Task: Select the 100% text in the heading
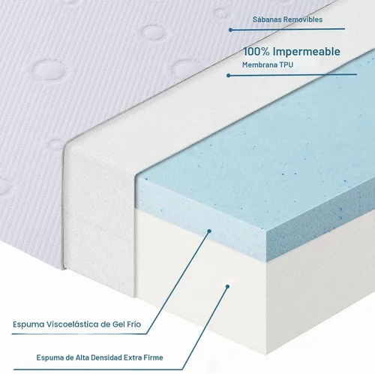click(x=256, y=52)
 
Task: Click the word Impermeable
click(x=307, y=52)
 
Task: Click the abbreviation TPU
click(x=286, y=65)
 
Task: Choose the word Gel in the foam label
click(x=118, y=324)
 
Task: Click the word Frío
click(x=134, y=324)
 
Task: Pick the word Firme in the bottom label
click(x=153, y=357)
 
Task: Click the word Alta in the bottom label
click(x=82, y=357)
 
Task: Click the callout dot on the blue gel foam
click(x=209, y=231)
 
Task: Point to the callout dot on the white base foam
click(x=227, y=286)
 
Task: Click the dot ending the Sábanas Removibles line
click(x=230, y=30)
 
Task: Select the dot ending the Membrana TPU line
click(x=229, y=75)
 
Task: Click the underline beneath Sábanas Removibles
click(x=287, y=29)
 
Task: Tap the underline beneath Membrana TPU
click(x=292, y=75)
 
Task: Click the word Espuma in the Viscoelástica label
click(x=28, y=324)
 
